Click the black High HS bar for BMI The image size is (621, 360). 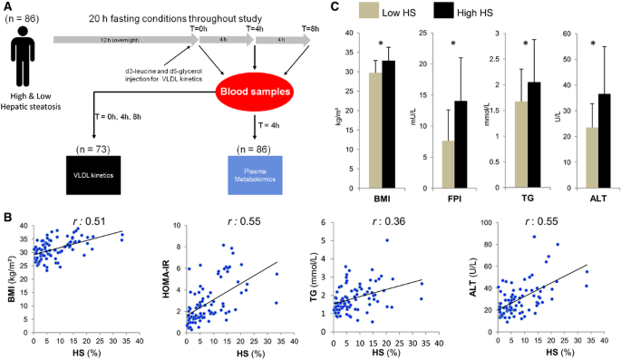pos(388,126)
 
